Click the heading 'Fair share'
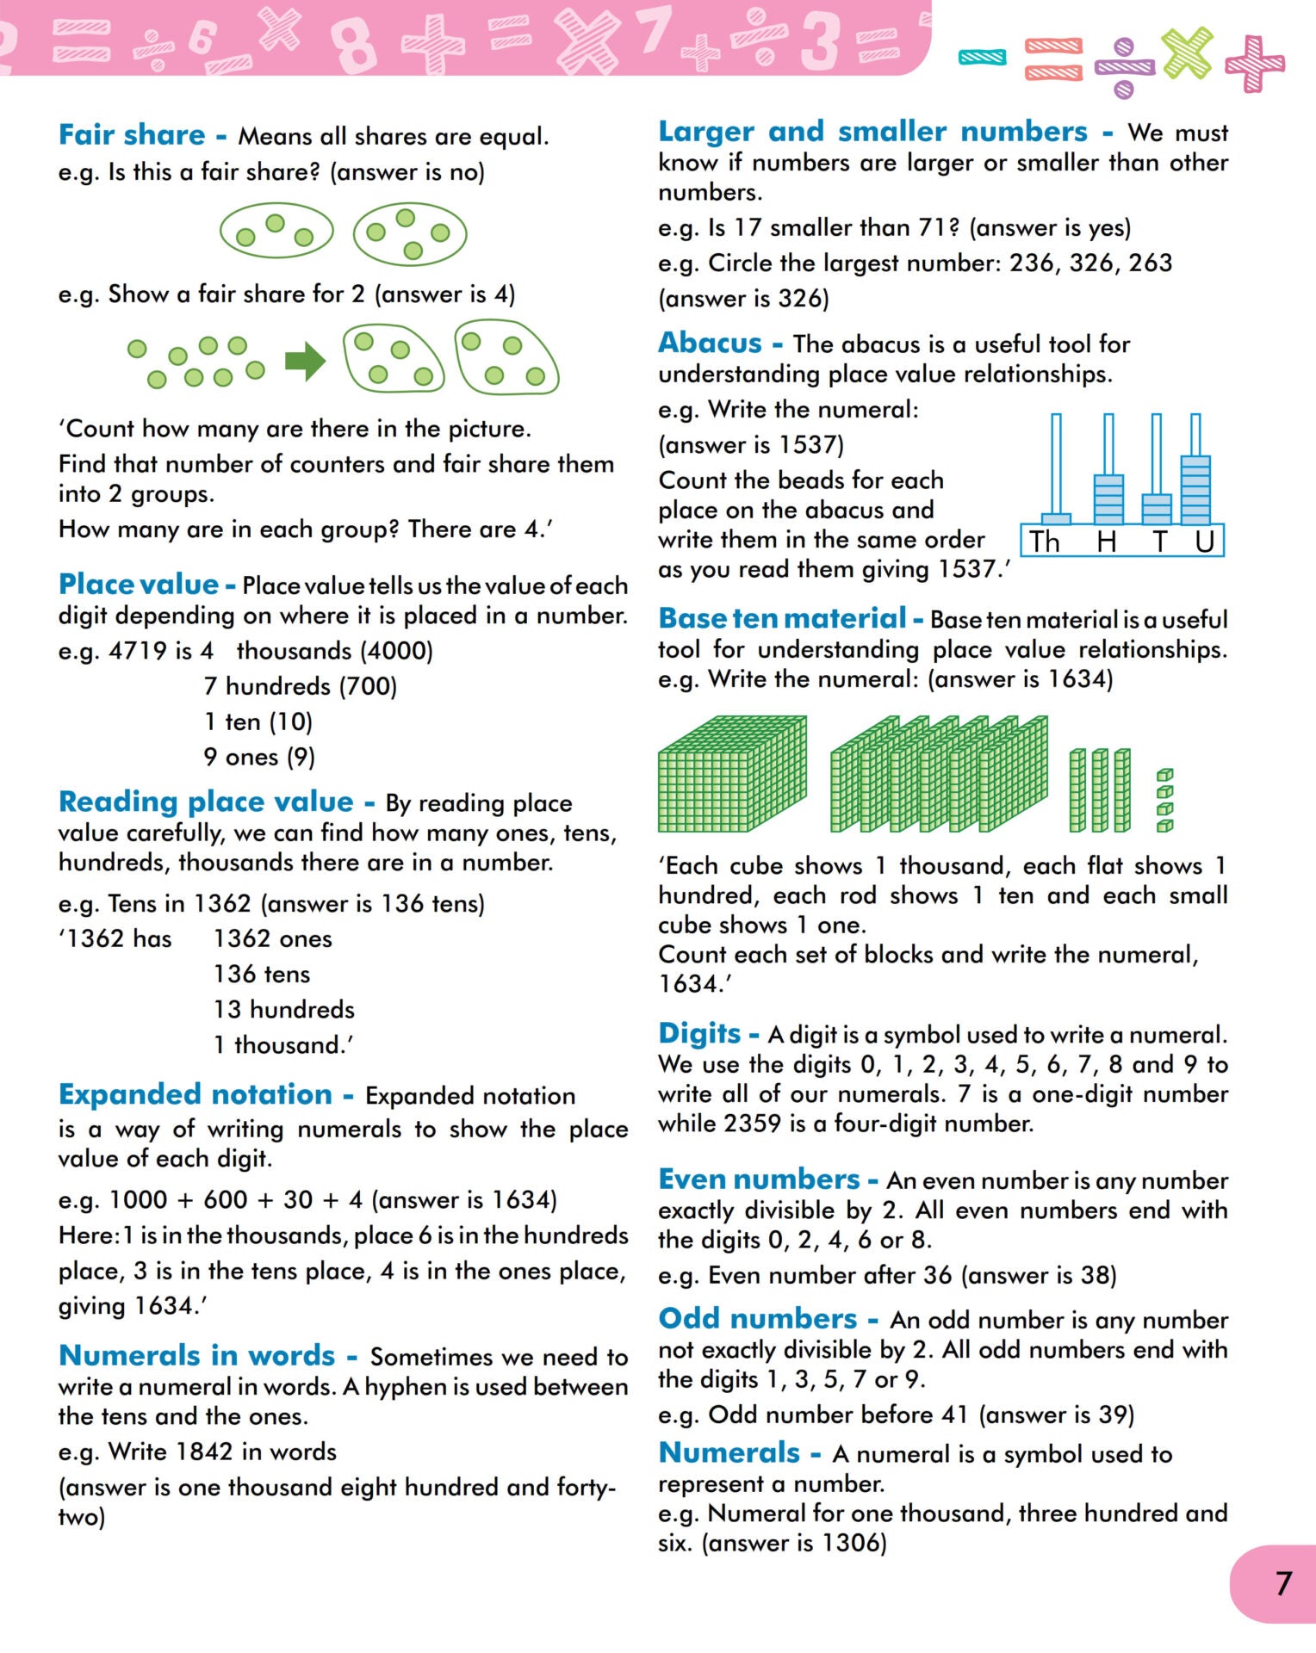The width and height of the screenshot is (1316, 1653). pyautogui.click(x=132, y=135)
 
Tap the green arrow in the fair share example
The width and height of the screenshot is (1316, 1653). pyautogui.click(x=305, y=362)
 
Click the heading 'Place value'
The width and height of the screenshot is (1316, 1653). pyautogui.click(x=138, y=585)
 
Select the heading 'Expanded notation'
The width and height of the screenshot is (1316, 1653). pyautogui.click(x=196, y=1094)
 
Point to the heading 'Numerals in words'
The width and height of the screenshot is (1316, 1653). pyautogui.click(x=196, y=1355)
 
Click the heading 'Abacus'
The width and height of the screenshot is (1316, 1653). pyautogui.click(x=710, y=343)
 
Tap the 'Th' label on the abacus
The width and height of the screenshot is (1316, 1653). pyautogui.click(x=1045, y=542)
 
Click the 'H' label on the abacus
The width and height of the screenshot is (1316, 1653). pyautogui.click(x=1107, y=542)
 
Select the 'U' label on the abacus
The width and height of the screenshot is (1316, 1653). pyautogui.click(x=1204, y=542)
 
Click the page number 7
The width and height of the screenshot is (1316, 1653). pyautogui.click(x=1283, y=1583)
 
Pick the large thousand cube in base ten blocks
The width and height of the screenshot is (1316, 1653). pyautogui.click(x=732, y=775)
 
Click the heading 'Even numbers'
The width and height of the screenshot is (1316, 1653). pyautogui.click(x=759, y=1179)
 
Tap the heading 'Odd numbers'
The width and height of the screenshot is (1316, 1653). pyautogui.click(x=757, y=1318)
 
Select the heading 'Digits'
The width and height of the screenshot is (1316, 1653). pyautogui.click(x=699, y=1033)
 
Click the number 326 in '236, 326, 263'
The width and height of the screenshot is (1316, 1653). pyautogui.click(x=1091, y=263)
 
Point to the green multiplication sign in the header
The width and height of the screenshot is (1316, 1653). pyautogui.click(x=1187, y=53)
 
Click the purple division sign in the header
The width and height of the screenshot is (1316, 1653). pyautogui.click(x=1124, y=67)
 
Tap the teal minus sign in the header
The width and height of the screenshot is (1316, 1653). pyautogui.click(x=982, y=58)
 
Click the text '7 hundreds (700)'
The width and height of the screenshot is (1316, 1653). pyautogui.click(x=301, y=686)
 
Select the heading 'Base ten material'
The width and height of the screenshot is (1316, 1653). pyautogui.click(x=782, y=618)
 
